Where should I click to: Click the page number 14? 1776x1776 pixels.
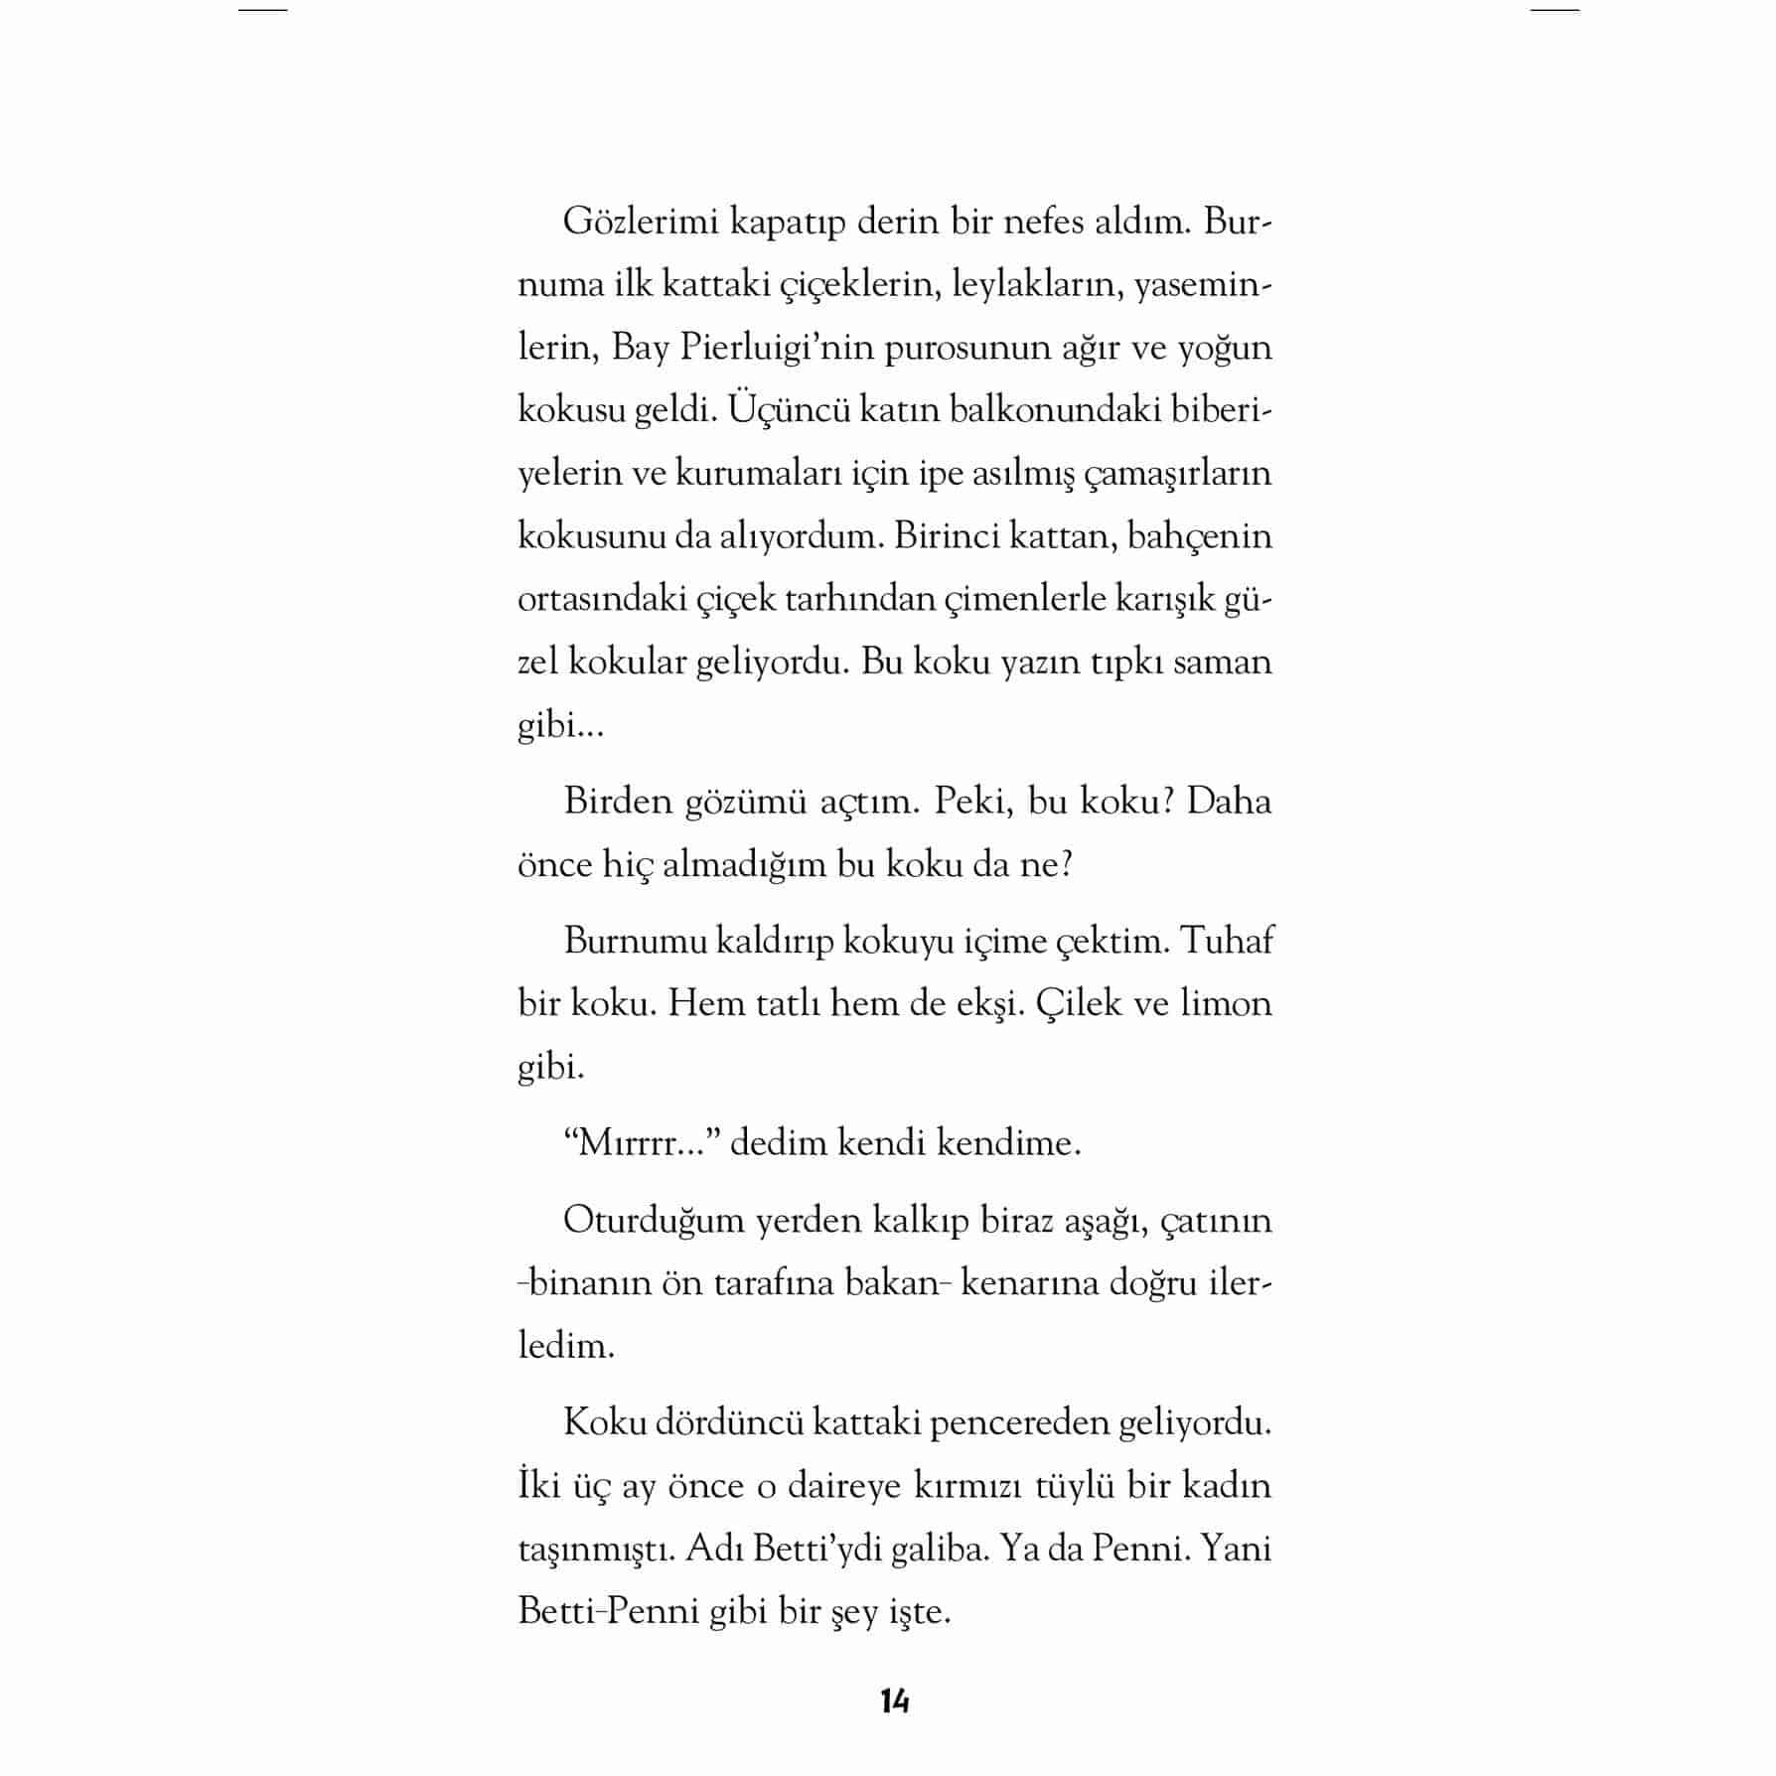tap(894, 1701)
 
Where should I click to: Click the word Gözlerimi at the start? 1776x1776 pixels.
tap(641, 222)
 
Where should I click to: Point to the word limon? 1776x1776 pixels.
tap(1226, 1003)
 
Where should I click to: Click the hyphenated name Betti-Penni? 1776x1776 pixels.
tap(608, 1611)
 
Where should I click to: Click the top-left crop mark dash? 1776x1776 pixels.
tap(263, 10)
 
